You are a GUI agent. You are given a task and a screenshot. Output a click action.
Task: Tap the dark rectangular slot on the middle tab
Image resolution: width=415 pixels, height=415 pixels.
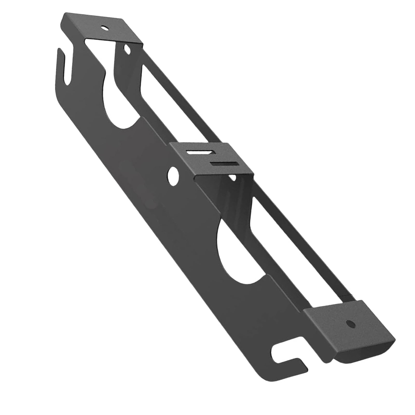click(225, 164)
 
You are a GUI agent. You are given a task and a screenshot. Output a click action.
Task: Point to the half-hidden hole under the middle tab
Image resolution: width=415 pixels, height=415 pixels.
click(233, 177)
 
